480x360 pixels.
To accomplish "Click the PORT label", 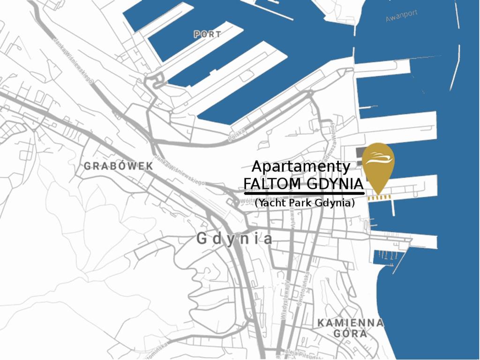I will (207, 34).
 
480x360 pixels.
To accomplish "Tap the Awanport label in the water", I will (401, 16).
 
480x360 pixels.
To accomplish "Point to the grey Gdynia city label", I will (234, 239).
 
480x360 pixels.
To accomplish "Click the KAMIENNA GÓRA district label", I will (350, 328).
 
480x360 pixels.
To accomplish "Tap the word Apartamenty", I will (300, 167).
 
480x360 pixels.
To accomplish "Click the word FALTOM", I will (271, 183).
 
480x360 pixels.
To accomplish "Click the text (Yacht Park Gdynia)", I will (305, 203).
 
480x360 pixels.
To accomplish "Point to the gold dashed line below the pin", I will (379, 197).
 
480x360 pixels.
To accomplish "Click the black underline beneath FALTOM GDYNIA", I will (304, 193).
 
